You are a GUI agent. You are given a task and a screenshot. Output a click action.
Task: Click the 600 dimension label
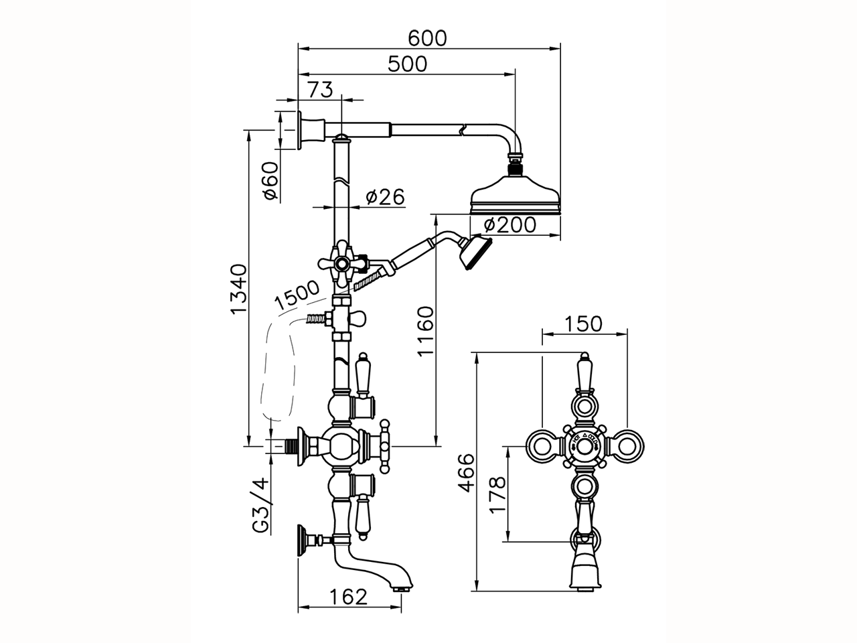pyautogui.click(x=428, y=38)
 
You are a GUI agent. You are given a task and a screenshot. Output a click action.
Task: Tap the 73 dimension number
pyautogui.click(x=320, y=90)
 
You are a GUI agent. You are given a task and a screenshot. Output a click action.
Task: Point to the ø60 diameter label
pyautogui.click(x=270, y=181)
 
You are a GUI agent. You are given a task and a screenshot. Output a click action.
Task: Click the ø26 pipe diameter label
pyautogui.click(x=385, y=197)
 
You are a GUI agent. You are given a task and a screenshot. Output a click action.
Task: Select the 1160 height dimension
pyautogui.click(x=425, y=332)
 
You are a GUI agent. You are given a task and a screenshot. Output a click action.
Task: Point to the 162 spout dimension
pyautogui.click(x=349, y=596)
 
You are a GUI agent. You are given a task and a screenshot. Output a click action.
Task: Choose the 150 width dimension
pyautogui.click(x=584, y=324)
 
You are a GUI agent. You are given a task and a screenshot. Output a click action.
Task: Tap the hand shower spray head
pyautogui.click(x=477, y=251)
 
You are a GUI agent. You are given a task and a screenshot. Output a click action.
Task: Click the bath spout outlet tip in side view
pyautogui.click(x=402, y=588)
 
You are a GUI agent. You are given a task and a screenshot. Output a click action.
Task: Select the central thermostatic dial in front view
pyautogui.click(x=584, y=444)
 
